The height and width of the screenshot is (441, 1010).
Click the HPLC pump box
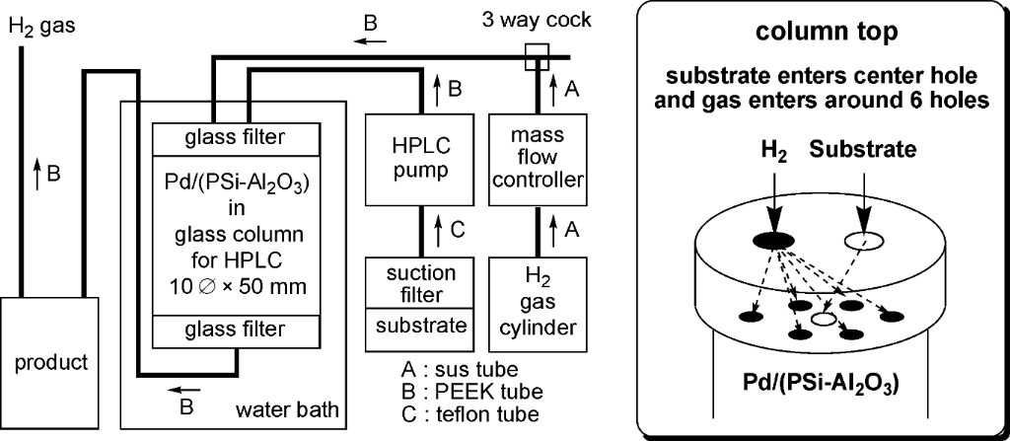click(x=406, y=159)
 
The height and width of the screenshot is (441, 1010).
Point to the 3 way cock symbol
click(x=537, y=56)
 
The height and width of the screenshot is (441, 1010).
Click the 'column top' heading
click(x=827, y=32)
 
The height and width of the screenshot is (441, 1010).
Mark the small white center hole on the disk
click(x=823, y=319)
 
